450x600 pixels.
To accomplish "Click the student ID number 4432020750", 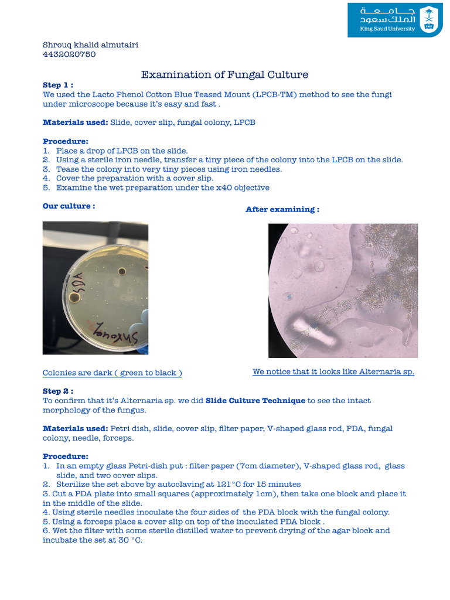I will point(69,54).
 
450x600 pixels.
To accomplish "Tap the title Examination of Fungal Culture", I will point(224,74).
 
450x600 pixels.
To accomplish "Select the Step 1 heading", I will point(59,85).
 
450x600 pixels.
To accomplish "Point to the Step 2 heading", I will point(59,391).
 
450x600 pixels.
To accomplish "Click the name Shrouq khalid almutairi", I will point(91,45).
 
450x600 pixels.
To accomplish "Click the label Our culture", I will point(69,206).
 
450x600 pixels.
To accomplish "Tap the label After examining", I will point(282,209).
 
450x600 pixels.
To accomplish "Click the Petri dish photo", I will point(96,288).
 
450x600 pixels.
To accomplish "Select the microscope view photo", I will point(343,291).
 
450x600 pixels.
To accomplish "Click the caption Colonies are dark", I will point(112,373).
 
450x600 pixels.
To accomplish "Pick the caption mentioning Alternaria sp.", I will point(333,371).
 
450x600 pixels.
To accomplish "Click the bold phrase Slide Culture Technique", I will point(255,400).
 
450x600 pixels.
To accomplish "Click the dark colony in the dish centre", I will point(122,271).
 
